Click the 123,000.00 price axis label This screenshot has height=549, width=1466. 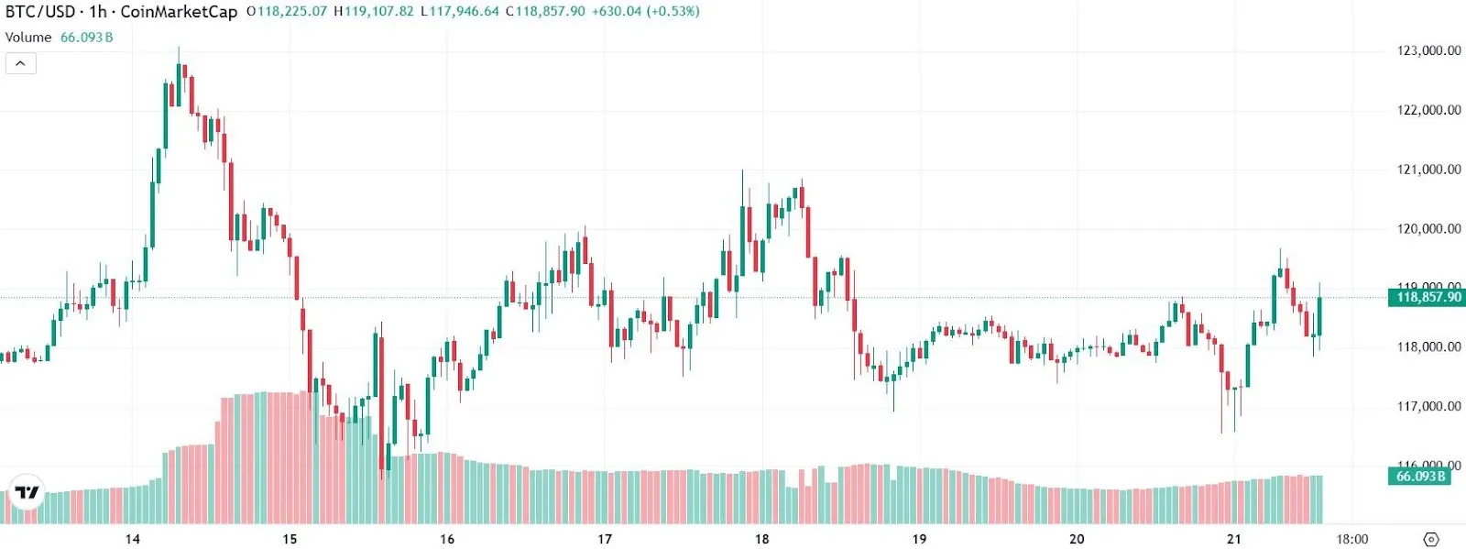point(1428,50)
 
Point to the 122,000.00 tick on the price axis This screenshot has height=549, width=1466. point(1428,110)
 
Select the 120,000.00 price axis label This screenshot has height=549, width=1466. point(1428,229)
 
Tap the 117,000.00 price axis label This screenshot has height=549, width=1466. point(1428,406)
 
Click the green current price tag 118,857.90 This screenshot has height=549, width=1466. point(1428,297)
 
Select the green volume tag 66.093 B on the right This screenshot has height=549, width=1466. point(1420,477)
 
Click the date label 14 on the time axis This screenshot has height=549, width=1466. point(133,539)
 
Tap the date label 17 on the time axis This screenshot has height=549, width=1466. point(605,539)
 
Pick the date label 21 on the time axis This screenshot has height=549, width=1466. point(1234,539)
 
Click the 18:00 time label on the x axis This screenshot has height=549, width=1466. point(1351,539)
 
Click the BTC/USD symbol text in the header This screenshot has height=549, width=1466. point(40,12)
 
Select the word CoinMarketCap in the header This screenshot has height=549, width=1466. point(179,12)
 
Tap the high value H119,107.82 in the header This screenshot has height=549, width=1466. point(374,12)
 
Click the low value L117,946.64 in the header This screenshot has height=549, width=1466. point(460,12)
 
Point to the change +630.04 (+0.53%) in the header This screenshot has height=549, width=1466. point(645,12)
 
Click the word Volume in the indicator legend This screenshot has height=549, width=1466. point(28,38)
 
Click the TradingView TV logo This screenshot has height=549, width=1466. point(27,492)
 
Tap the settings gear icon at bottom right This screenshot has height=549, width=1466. point(1431,539)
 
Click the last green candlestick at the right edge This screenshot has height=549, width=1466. point(1319,316)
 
